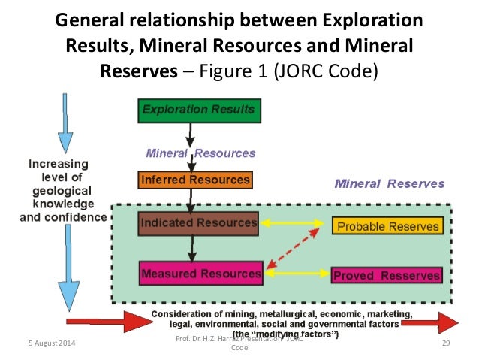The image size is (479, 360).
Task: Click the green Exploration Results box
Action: [x=198, y=111]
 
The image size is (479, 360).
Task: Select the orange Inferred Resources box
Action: [x=194, y=180]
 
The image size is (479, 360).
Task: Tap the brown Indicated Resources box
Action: [x=198, y=223]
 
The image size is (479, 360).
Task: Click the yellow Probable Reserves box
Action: [x=387, y=226]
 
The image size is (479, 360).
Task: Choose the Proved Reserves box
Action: [x=386, y=275]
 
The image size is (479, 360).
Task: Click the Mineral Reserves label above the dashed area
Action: [x=389, y=183]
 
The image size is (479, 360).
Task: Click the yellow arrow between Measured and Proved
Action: [x=297, y=274]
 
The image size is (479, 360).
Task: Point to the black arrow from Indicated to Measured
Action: [x=193, y=246]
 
